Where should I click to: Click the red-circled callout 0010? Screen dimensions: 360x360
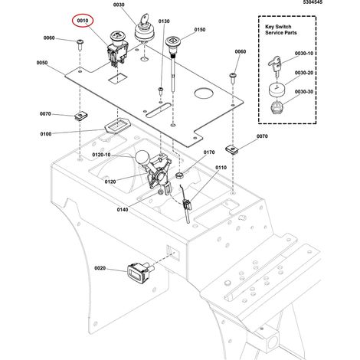[83, 21]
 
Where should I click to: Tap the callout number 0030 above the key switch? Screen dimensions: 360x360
[119, 5]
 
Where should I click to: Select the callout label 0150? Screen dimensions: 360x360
[200, 30]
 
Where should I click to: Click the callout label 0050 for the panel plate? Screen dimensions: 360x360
[42, 63]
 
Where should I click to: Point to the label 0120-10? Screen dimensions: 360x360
[101, 155]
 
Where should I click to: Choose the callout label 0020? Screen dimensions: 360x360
[100, 268]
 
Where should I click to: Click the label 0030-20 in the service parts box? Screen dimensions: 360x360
[304, 73]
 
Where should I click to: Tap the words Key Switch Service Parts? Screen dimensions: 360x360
[281, 30]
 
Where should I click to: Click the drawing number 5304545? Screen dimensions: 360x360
[313, 2]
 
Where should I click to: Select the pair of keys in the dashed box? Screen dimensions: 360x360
[275, 66]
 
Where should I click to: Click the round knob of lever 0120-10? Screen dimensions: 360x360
[142, 158]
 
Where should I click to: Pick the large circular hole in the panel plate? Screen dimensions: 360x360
[204, 93]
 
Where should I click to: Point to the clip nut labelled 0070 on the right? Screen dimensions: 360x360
[232, 149]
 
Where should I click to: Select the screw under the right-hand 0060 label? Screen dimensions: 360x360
[233, 78]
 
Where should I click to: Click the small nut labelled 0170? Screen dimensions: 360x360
[180, 175]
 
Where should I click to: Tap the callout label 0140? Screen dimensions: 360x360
[123, 210]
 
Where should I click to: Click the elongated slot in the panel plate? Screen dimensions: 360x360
[159, 110]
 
